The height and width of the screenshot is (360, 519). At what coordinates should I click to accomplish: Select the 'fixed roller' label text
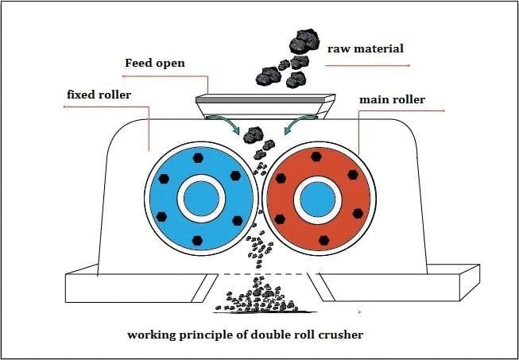pyautogui.click(x=99, y=95)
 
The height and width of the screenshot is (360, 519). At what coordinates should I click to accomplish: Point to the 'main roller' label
pyautogui.click(x=392, y=99)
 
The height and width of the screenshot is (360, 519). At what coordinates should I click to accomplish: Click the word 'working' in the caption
pyautogui.click(x=152, y=335)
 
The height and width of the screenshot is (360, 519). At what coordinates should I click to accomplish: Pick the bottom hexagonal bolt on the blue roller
pyautogui.click(x=198, y=239)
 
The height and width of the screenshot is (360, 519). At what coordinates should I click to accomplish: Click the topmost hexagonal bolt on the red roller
pyautogui.click(x=316, y=157)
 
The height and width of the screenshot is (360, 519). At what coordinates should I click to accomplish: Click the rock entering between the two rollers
pyautogui.click(x=254, y=135)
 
